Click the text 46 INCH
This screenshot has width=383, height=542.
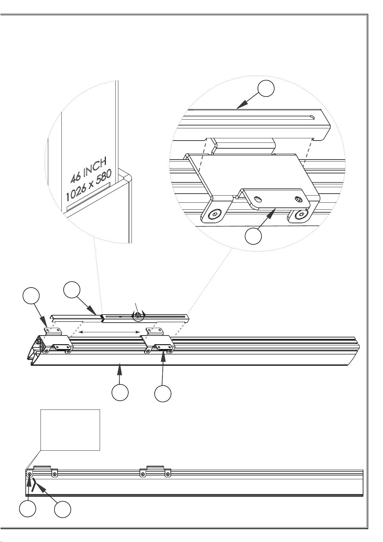[88, 170]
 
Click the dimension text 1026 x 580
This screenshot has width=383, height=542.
[89, 185]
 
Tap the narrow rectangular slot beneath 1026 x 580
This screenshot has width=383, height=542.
[88, 196]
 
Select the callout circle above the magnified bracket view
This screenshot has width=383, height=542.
[266, 88]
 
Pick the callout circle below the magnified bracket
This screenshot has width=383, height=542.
[253, 236]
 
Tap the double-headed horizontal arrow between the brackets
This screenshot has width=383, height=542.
[109, 332]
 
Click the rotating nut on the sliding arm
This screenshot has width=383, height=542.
[138, 315]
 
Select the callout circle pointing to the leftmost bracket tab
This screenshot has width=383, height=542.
[31, 296]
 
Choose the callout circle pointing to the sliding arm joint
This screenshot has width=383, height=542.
[72, 289]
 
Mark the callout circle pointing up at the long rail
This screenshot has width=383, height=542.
[120, 392]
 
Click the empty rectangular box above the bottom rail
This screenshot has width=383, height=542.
[70, 430]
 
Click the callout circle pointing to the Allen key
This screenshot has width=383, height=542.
[62, 509]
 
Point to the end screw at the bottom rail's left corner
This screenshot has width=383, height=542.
[30, 473]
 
